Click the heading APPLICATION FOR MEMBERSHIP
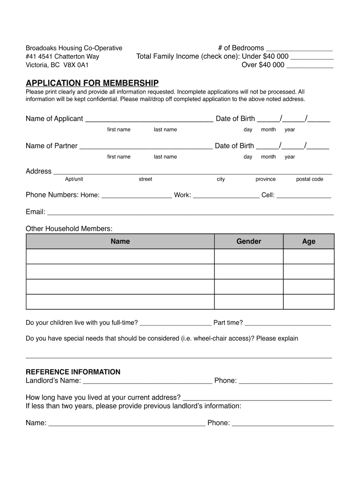(x=92, y=83)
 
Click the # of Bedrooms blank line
(x=299, y=49)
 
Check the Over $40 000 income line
(x=310, y=66)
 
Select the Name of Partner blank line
(x=146, y=147)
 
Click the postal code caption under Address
(x=310, y=179)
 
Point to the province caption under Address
(x=266, y=179)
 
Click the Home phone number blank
(x=137, y=196)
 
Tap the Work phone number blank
(x=226, y=196)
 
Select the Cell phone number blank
(x=304, y=196)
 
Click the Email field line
(x=190, y=213)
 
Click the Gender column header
(x=249, y=241)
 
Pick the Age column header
(x=309, y=241)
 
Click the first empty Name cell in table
(x=120, y=257)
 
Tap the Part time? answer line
(x=288, y=324)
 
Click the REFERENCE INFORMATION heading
(x=73, y=372)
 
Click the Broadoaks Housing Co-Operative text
(x=74, y=48)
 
